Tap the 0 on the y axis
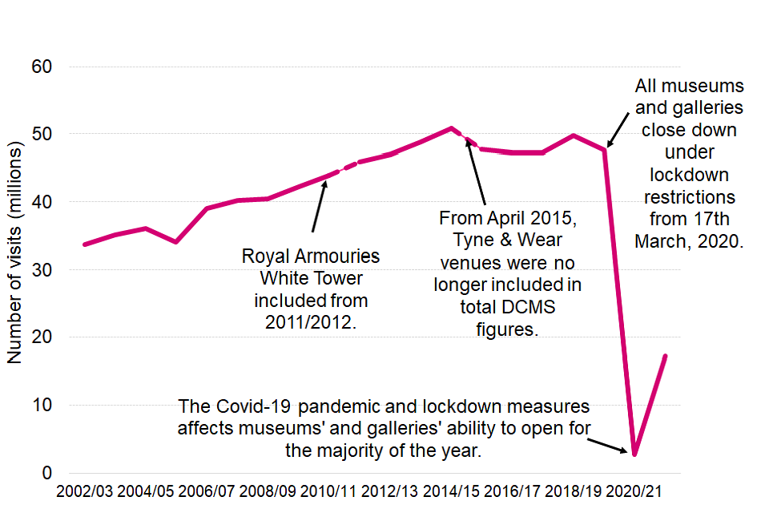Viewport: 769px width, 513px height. click(47, 474)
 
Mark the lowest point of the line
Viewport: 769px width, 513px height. click(634, 454)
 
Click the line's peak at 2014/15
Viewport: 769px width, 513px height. click(451, 127)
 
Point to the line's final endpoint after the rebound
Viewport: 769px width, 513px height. click(665, 356)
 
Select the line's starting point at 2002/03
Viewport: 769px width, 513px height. click(84, 244)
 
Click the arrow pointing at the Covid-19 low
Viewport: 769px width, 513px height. click(609, 442)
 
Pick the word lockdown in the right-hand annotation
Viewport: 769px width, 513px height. click(690, 173)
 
